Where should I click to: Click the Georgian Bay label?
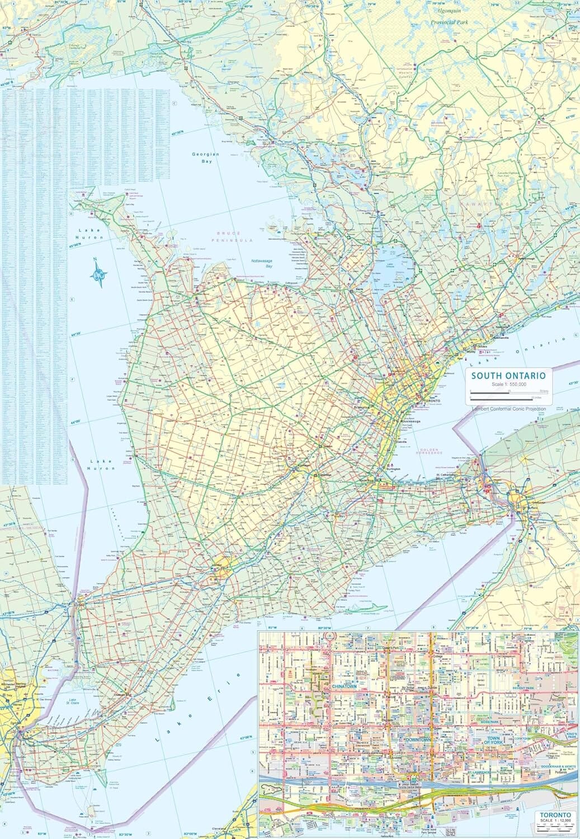click(205, 157)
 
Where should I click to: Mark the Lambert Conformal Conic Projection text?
click(508, 409)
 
